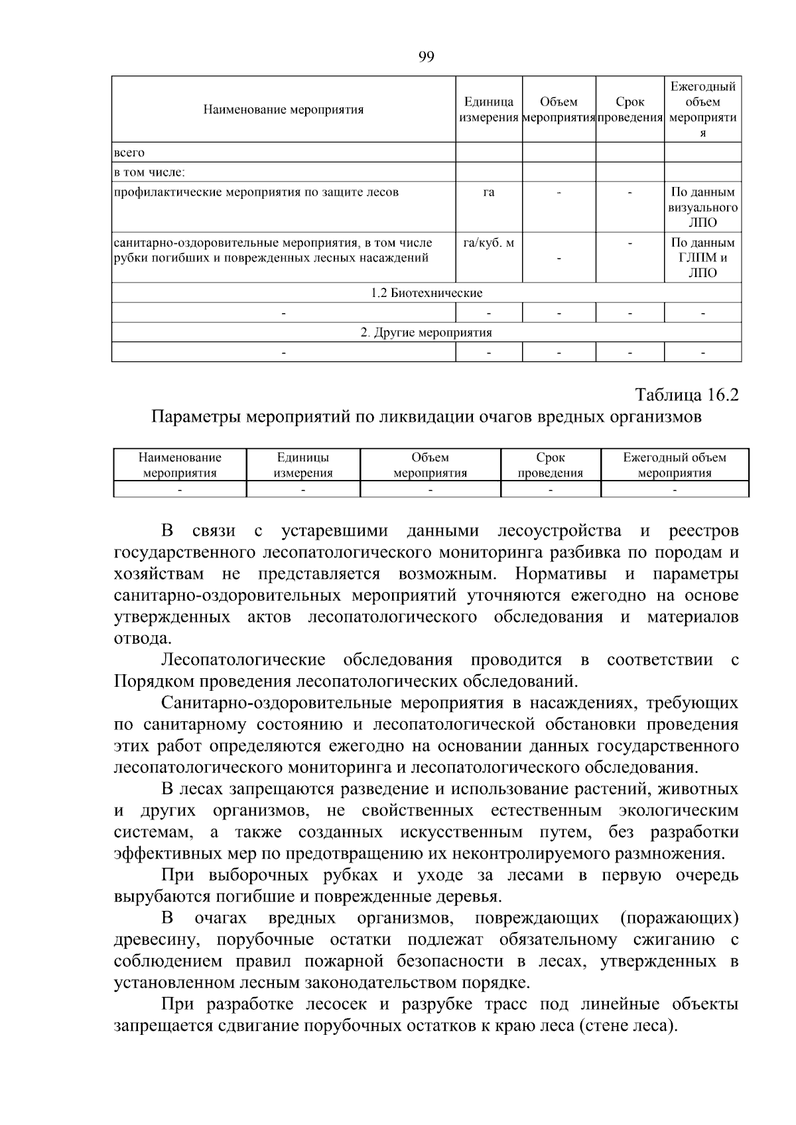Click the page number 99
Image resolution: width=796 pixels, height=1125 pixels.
point(427,56)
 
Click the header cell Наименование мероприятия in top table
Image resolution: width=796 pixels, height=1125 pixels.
point(283,109)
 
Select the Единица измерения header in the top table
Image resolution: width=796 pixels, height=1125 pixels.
point(489,109)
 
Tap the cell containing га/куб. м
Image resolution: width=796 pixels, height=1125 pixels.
point(489,243)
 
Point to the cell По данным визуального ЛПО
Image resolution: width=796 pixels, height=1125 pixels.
point(702,207)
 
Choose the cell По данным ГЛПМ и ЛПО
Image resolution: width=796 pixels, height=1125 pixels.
point(702,258)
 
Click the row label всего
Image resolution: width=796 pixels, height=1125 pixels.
point(129,152)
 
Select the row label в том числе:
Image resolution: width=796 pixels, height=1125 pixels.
point(149,172)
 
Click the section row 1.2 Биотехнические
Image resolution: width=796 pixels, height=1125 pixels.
point(427,292)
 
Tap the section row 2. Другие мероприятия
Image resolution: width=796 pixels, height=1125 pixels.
point(427,332)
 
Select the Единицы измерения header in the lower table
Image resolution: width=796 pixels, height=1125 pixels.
point(303,465)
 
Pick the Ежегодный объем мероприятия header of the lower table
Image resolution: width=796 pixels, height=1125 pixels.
point(675,465)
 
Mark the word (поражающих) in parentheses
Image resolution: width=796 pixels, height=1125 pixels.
point(679,918)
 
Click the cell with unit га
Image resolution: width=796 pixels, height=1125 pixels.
point(489,192)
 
